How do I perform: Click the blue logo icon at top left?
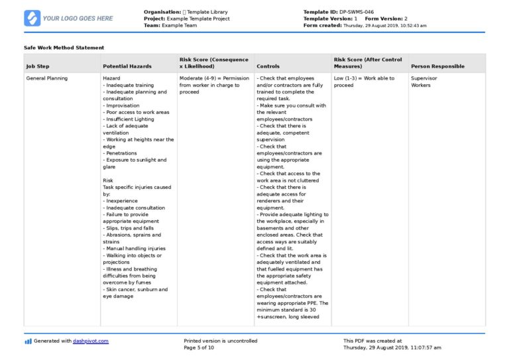point(32,18)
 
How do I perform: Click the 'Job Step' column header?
point(37,66)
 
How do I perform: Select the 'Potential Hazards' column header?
point(127,66)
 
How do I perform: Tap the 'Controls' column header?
point(268,66)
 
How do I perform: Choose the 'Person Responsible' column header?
point(437,66)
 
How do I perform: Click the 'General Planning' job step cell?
point(46,78)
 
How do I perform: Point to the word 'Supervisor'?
point(424,78)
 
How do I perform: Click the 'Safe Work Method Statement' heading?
point(64,48)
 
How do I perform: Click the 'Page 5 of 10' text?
point(199,347)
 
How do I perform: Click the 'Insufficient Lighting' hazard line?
point(131,119)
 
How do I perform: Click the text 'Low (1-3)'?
point(346,78)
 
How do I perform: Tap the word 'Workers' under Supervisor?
point(421,85)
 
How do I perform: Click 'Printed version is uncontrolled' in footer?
point(220,341)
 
